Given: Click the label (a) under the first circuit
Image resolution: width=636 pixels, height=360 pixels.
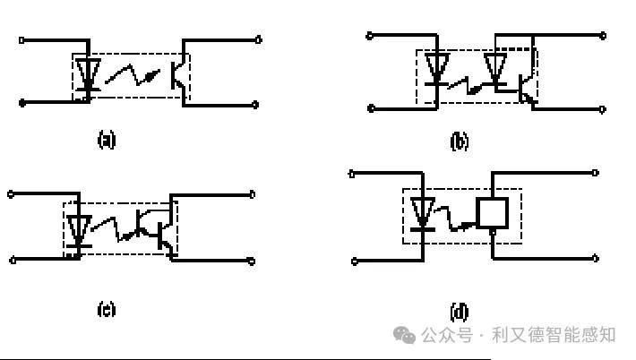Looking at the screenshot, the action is [107, 140].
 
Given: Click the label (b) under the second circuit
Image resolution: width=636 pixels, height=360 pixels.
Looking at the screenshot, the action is [460, 141].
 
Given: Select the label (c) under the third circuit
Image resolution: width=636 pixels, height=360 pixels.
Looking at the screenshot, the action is [107, 310].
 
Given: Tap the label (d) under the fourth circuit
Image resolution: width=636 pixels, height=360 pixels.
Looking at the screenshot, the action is [460, 312].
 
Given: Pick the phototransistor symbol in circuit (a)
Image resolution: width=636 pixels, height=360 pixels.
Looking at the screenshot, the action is [178, 75].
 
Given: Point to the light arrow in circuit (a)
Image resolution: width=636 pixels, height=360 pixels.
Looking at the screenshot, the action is [133, 74].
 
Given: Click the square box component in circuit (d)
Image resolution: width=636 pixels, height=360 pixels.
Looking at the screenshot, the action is [493, 213].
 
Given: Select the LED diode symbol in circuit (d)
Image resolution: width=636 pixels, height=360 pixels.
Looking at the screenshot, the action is [423, 214].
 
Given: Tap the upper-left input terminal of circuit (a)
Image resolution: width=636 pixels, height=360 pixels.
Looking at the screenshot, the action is [21, 40].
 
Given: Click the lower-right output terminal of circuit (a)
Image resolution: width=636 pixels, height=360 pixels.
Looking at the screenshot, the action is [255, 105].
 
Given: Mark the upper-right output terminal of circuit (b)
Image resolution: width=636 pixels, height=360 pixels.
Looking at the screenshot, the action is [603, 36].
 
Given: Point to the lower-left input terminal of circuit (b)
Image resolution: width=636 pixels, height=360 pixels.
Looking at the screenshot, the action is [371, 108].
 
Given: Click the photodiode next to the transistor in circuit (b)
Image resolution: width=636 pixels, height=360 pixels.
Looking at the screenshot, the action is [495, 69].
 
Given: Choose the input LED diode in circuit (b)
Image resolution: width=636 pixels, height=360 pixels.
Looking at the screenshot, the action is [437, 69].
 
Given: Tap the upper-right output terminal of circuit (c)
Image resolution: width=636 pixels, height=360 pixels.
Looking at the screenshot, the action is [252, 194].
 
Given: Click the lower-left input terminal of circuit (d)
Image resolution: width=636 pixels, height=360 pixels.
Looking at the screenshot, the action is [355, 261].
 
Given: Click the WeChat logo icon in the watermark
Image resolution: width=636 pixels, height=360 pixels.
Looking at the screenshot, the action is [404, 335].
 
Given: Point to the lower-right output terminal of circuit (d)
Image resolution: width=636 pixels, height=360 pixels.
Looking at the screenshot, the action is [595, 258].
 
